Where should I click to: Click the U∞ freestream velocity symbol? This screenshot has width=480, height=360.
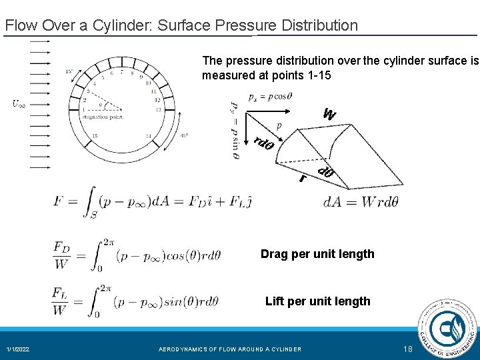[19, 104]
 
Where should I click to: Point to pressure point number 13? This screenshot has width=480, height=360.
[157, 109]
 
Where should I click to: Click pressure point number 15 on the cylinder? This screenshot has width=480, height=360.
[96, 135]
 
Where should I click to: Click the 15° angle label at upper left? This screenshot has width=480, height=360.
[69, 71]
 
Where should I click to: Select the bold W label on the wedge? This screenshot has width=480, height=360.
[329, 114]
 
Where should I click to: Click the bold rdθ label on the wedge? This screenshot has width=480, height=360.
[265, 142]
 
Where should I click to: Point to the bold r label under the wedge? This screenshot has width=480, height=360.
[303, 178]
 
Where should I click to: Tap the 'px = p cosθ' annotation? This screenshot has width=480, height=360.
[271, 96]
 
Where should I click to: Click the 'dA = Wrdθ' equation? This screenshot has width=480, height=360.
[360, 202]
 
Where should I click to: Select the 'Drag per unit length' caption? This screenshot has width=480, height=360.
[317, 254]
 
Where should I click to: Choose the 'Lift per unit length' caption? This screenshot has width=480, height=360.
[317, 301]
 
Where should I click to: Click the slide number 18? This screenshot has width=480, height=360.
[408, 349]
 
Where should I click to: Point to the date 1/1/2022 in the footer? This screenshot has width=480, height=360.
[18, 349]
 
